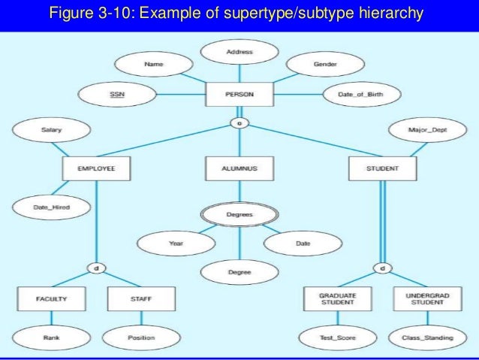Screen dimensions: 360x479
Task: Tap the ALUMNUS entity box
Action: click(239, 169)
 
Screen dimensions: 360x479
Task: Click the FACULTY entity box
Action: click(52, 298)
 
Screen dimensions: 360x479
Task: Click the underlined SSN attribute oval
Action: click(117, 95)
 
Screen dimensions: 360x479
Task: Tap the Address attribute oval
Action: click(239, 53)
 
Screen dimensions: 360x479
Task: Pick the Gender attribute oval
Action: click(324, 65)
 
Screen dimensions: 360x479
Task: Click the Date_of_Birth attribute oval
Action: click(362, 95)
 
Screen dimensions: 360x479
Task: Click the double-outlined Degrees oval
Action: click(239, 214)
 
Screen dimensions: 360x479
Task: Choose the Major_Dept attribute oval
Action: click(427, 130)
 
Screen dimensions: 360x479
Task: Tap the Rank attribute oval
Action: click(52, 337)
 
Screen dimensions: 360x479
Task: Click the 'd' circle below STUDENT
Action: click(382, 268)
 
